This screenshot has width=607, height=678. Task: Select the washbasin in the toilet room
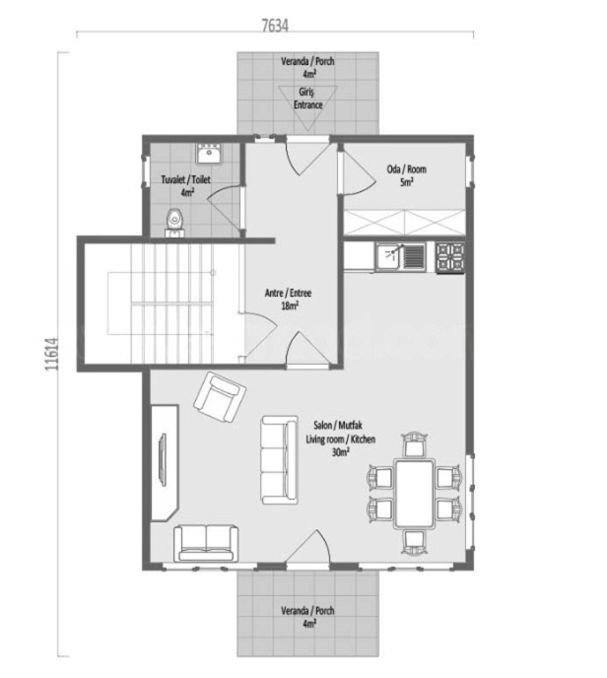tap(208, 154)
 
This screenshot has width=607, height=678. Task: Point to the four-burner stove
tap(450, 256)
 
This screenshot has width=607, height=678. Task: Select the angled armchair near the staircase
tap(219, 397)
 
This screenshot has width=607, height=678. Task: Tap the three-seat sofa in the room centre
tap(279, 459)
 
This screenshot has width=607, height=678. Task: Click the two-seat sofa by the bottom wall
tap(206, 542)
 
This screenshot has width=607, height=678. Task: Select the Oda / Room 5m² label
tap(406, 174)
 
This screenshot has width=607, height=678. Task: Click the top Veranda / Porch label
tap(307, 67)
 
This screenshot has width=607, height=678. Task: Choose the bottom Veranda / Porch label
tap(307, 617)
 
